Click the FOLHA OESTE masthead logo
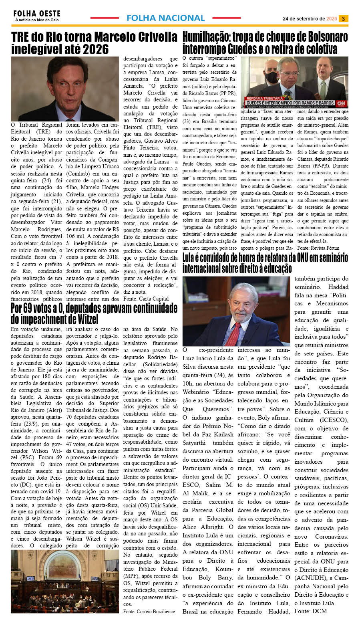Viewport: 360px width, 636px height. click(x=36, y=14)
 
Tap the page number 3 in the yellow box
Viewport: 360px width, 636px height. click(x=343, y=19)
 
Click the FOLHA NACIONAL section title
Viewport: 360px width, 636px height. click(x=165, y=18)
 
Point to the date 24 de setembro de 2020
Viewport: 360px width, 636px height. click(x=310, y=19)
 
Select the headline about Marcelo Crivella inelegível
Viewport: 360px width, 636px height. click(x=94, y=43)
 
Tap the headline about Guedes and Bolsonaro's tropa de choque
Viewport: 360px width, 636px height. click(x=265, y=43)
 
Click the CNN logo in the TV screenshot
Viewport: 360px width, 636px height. click(x=341, y=103)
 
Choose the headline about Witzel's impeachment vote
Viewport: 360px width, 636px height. click(x=94, y=314)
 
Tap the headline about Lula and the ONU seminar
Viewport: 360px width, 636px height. click(x=265, y=263)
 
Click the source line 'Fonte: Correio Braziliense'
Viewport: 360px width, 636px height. click(x=149, y=611)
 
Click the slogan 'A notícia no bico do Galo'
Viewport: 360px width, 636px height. click(x=37, y=20)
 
